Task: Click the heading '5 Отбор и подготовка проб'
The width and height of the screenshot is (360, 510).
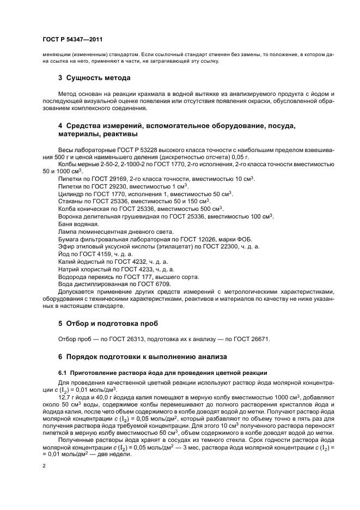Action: click(x=108, y=323)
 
